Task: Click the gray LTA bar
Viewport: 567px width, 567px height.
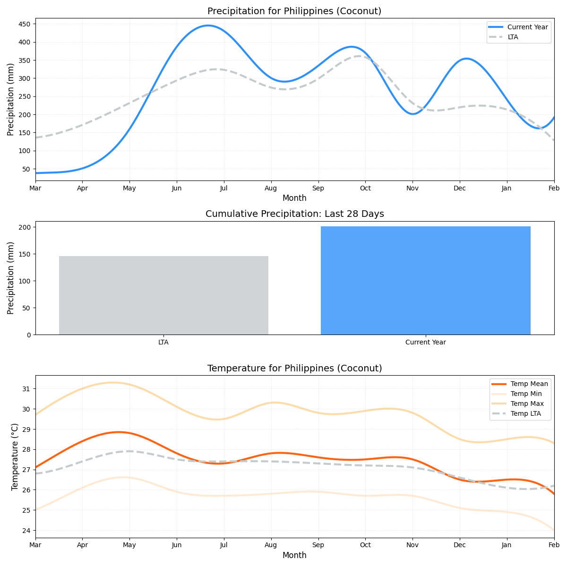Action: point(163,295)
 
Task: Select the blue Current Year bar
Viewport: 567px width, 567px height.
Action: point(425,281)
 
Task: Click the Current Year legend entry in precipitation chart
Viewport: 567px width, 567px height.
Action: point(527,27)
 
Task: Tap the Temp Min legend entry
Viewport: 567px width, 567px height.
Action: point(526,394)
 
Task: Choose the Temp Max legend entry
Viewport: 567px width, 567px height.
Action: point(527,404)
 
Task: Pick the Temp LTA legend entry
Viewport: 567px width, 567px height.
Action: point(525,414)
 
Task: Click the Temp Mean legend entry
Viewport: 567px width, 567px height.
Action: point(529,384)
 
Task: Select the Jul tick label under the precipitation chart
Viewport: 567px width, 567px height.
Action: point(223,188)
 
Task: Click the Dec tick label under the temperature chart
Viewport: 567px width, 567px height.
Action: point(460,545)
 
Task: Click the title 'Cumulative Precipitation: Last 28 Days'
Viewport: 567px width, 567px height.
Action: point(294,214)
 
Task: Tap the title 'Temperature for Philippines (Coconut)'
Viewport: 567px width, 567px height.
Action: point(294,368)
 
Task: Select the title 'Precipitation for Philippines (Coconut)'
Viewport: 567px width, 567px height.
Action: point(294,11)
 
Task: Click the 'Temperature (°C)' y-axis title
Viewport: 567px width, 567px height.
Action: point(15,456)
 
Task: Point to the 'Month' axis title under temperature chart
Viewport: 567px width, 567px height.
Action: point(294,555)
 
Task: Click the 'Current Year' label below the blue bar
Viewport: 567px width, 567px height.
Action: point(425,342)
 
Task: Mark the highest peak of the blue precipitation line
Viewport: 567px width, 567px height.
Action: point(208,26)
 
